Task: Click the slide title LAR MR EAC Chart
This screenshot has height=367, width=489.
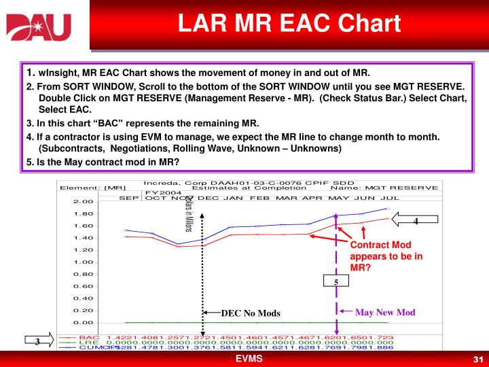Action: click(x=289, y=23)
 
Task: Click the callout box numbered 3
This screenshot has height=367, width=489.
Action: click(x=37, y=341)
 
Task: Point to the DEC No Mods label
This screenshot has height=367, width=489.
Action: click(x=250, y=313)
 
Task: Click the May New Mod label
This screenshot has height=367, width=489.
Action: click(x=384, y=312)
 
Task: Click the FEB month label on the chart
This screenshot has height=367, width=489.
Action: click(x=261, y=198)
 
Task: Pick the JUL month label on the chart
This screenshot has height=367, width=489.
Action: click(x=391, y=198)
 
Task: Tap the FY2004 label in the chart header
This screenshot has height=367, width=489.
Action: click(x=160, y=192)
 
